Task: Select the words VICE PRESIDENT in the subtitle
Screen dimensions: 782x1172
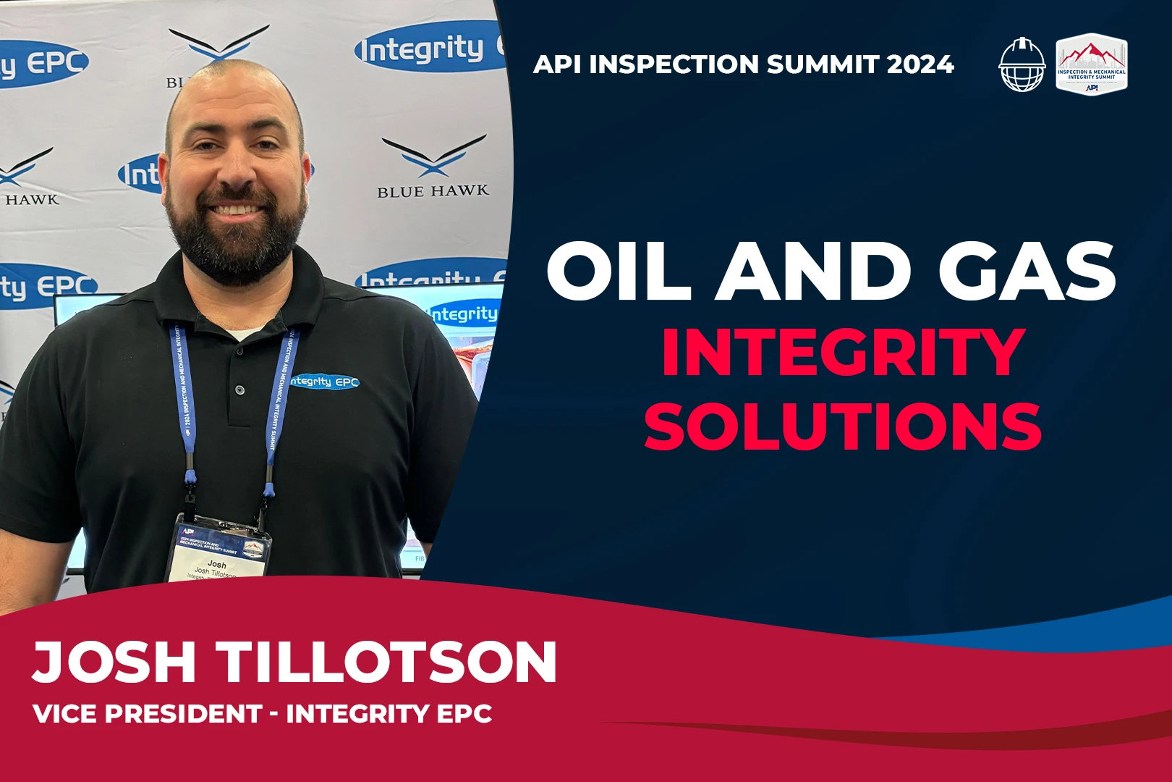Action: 147,714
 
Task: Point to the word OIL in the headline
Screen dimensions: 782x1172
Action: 619,272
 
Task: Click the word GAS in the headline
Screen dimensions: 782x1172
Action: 1027,272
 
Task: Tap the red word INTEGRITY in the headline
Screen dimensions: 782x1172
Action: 843,353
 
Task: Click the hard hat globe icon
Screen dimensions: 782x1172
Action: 1022,64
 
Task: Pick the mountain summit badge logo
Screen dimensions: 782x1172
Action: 1091,64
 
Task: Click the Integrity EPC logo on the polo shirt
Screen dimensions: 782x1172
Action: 325,381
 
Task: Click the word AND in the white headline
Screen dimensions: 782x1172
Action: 814,272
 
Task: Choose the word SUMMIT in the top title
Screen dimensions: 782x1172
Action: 823,64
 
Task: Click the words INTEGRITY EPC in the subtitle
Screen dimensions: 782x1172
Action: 389,714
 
